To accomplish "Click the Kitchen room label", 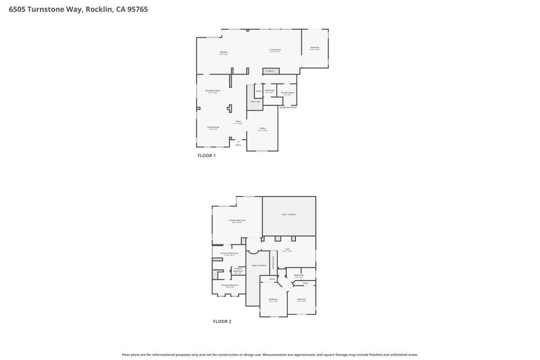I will click(x=224, y=53).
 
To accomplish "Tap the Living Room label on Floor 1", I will click(x=275, y=50).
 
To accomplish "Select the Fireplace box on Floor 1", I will click(x=271, y=71).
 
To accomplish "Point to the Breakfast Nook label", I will click(x=213, y=91).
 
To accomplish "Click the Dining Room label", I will click(x=213, y=128).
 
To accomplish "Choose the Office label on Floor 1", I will click(x=262, y=129).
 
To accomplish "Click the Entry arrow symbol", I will click(x=238, y=142).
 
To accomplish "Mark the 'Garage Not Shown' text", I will click(x=288, y=107).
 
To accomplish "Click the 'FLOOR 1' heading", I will click(x=206, y=155).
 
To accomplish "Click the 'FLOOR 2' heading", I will click(x=222, y=321).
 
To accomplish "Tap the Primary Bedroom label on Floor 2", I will click(x=237, y=221).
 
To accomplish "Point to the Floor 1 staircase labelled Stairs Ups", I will click(x=255, y=101).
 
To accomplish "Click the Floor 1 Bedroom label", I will click(x=315, y=48).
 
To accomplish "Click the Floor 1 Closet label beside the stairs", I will click(x=259, y=91).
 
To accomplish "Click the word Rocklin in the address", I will click(x=99, y=9).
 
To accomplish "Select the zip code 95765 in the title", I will click(x=137, y=9).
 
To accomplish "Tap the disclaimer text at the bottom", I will click(x=270, y=355).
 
